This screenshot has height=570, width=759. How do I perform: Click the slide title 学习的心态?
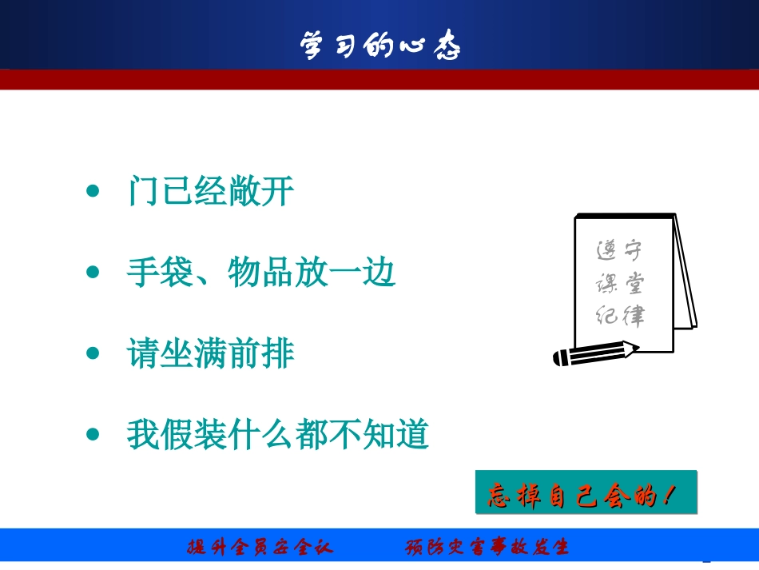380,46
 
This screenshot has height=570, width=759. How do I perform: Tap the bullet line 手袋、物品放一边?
261,273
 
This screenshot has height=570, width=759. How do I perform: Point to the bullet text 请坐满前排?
211,353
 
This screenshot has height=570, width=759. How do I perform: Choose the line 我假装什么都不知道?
278,435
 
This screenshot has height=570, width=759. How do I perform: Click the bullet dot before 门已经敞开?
93,192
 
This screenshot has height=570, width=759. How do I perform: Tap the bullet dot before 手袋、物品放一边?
93,273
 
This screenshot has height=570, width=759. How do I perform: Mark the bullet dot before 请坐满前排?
93,353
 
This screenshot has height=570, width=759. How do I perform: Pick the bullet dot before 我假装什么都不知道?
93,435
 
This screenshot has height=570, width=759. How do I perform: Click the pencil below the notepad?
596,353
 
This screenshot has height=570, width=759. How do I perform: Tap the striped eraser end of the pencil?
561,358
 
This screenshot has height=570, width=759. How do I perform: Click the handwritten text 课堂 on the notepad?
620,284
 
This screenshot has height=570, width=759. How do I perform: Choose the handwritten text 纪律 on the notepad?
620,316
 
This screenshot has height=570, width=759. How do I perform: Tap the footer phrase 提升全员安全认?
260,548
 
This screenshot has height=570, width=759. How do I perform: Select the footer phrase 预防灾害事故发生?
487,548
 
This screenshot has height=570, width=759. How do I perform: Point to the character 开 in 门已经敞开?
277,192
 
